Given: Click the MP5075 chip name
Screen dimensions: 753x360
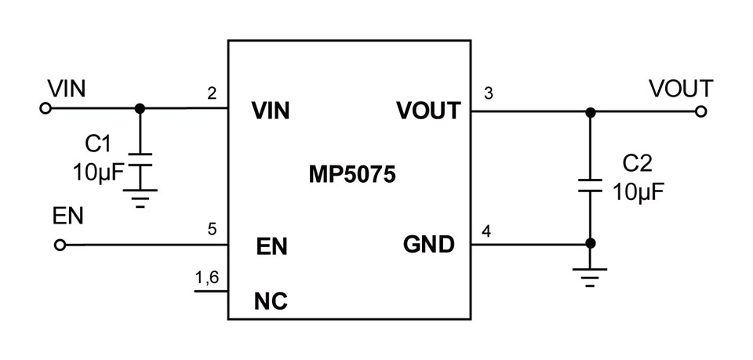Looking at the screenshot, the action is [352, 175].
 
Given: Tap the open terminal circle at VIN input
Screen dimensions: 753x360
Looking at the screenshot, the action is [45, 108].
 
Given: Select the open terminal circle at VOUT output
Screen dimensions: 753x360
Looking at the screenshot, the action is [700, 112].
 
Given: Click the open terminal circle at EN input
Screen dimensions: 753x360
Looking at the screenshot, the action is [60, 245].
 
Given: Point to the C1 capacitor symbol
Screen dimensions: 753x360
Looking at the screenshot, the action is [140, 159].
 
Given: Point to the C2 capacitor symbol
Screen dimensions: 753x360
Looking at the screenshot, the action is [590, 186].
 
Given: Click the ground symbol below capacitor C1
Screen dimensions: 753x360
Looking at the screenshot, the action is [140, 198].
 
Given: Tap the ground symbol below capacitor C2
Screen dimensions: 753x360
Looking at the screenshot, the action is [590, 277].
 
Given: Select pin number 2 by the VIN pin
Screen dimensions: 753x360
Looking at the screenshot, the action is [212, 93].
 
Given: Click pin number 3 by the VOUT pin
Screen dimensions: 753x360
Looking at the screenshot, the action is [489, 93].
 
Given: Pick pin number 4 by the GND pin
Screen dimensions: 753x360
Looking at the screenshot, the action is [486, 232].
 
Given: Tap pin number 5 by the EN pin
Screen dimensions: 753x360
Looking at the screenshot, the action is [212, 230].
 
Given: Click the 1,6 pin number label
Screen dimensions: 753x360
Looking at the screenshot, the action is [207, 279].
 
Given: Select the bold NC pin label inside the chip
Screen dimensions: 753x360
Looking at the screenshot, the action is [271, 301].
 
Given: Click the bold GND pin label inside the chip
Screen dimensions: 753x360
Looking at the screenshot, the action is [428, 245].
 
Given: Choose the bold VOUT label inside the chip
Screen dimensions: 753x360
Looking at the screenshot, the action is [428, 111].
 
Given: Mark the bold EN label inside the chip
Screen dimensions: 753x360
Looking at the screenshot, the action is [271, 247].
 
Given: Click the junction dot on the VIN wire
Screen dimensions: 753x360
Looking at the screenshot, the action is [140, 108].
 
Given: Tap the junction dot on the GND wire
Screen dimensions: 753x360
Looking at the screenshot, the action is [591, 243].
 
